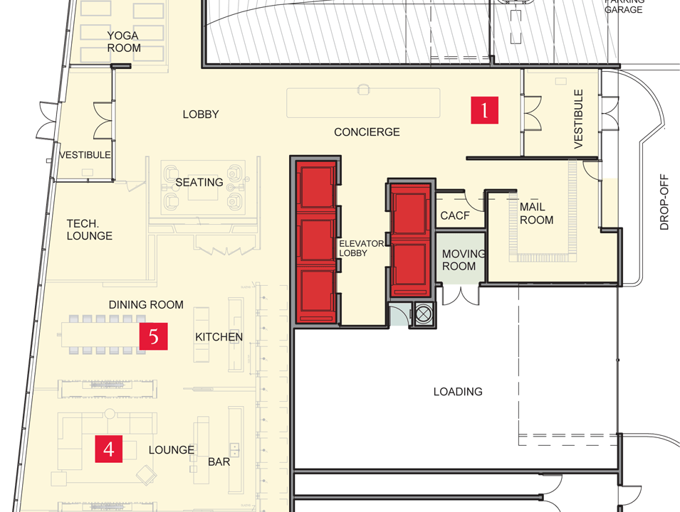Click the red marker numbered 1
[484, 110]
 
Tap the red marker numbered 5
[154, 336]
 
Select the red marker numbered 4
[109, 449]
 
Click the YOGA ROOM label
[124, 41]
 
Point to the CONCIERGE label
[367, 132]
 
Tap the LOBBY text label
[201, 114]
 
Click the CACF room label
[455, 215]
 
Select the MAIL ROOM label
[536, 213]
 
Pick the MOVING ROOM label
[463, 260]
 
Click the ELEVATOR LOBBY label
[361, 248]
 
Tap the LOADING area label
[458, 392]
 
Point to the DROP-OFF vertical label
[664, 202]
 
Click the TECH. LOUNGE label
[89, 230]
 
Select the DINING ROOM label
[146, 305]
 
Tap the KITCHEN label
[219, 337]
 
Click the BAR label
[219, 462]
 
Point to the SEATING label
[199, 182]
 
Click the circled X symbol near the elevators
[424, 314]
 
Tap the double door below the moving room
[461, 294]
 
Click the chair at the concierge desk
[363, 89]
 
